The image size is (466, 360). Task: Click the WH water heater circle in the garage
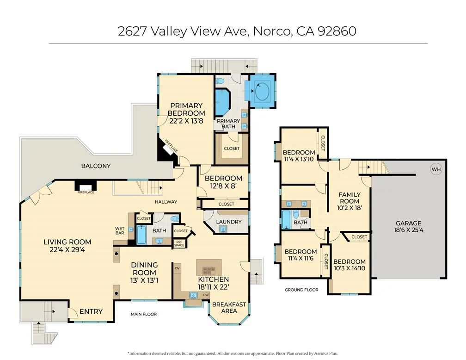pos(436,169)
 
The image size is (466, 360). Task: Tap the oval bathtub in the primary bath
pos(262,91)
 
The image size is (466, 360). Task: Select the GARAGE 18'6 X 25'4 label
pos(408,227)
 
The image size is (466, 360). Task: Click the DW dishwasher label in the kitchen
pos(206,294)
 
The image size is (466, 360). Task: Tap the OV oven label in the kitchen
pos(177,267)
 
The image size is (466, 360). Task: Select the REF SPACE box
pos(179,243)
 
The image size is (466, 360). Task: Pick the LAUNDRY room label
pos(229,222)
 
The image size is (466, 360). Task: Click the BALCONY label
pos(96,166)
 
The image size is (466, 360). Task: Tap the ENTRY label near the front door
pos(91,311)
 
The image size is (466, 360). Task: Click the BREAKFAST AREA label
pos(229,308)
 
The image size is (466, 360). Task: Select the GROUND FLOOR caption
pos(301,290)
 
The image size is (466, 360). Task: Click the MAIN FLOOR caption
pos(143,314)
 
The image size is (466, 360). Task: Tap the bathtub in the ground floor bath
pos(286,219)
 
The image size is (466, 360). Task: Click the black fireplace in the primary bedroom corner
pos(165,150)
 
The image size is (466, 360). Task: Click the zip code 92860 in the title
pos(336,31)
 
